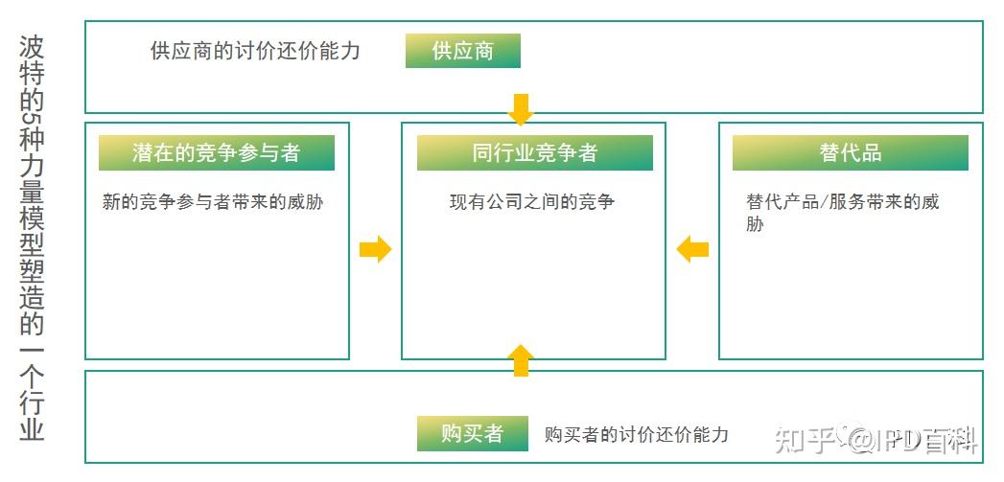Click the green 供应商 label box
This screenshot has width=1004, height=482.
462,51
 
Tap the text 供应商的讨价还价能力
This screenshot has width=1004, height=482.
255,51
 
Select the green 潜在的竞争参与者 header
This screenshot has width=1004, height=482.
216,152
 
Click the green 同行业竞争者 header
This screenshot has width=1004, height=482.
534,152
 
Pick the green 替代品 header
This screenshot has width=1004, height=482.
850,152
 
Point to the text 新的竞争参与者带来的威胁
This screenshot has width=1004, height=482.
212,202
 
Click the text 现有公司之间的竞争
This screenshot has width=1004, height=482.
531,202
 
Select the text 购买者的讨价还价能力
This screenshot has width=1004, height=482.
636,434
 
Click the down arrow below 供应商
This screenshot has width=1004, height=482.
520,109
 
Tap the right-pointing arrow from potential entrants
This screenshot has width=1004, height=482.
375,250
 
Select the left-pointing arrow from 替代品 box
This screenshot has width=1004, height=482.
692,250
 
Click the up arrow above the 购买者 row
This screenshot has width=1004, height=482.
520,359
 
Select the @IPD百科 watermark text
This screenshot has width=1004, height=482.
911,440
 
